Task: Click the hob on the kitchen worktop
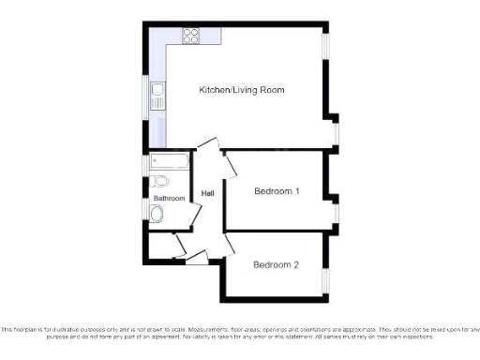coord(191,38)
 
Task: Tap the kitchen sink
coord(159,94)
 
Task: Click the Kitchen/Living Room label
coord(242,90)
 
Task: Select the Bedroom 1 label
coord(277,191)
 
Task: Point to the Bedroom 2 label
coord(276,264)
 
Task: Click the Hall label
coord(208,194)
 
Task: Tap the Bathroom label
coord(170,199)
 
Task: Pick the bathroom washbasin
coord(157,215)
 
